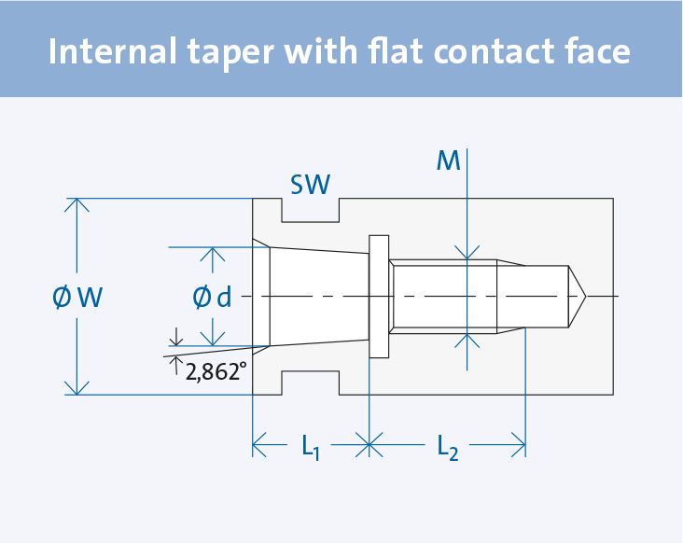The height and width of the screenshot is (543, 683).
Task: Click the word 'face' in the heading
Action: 597,52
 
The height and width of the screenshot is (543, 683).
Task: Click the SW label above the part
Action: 310,185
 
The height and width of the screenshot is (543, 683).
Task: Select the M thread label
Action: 449,161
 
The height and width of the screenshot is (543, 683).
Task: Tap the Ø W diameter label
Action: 78,298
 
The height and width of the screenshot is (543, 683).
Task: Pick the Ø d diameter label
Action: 213,298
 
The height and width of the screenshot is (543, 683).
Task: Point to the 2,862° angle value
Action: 216,372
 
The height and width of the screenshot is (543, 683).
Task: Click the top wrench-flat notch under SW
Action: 310,212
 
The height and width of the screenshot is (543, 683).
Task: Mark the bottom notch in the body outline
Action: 310,383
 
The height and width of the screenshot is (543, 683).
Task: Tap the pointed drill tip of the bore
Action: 578,297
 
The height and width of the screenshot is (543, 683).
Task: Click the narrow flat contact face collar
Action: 379,297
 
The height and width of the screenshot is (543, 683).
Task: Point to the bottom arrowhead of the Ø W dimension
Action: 77,388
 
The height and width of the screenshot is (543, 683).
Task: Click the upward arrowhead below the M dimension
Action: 466,339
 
